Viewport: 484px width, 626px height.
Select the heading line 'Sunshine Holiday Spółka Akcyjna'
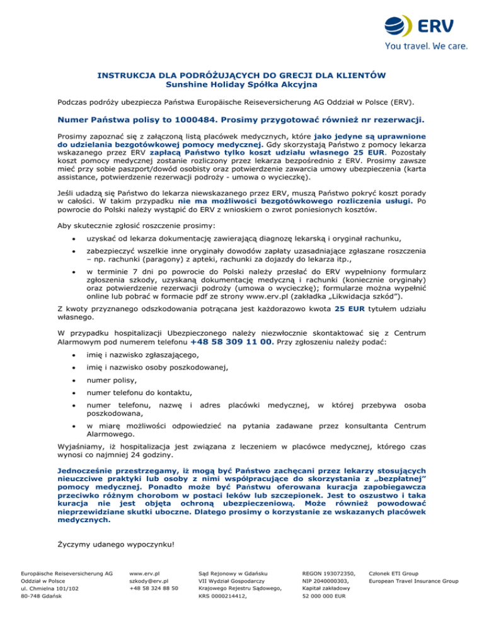coord(241,83)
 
